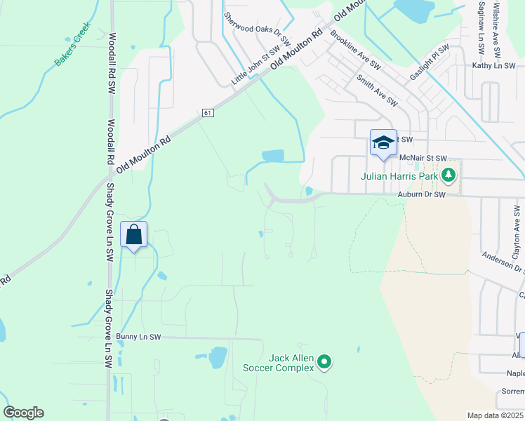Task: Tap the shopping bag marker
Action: tap(134, 234)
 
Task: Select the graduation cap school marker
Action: tap(383, 142)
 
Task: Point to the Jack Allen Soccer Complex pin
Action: tap(324, 362)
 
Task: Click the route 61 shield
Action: tap(207, 112)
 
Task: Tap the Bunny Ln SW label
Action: tap(139, 337)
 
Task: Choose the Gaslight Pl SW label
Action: tap(430, 62)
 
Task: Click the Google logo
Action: tap(24, 412)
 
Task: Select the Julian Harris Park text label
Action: tap(402, 176)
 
